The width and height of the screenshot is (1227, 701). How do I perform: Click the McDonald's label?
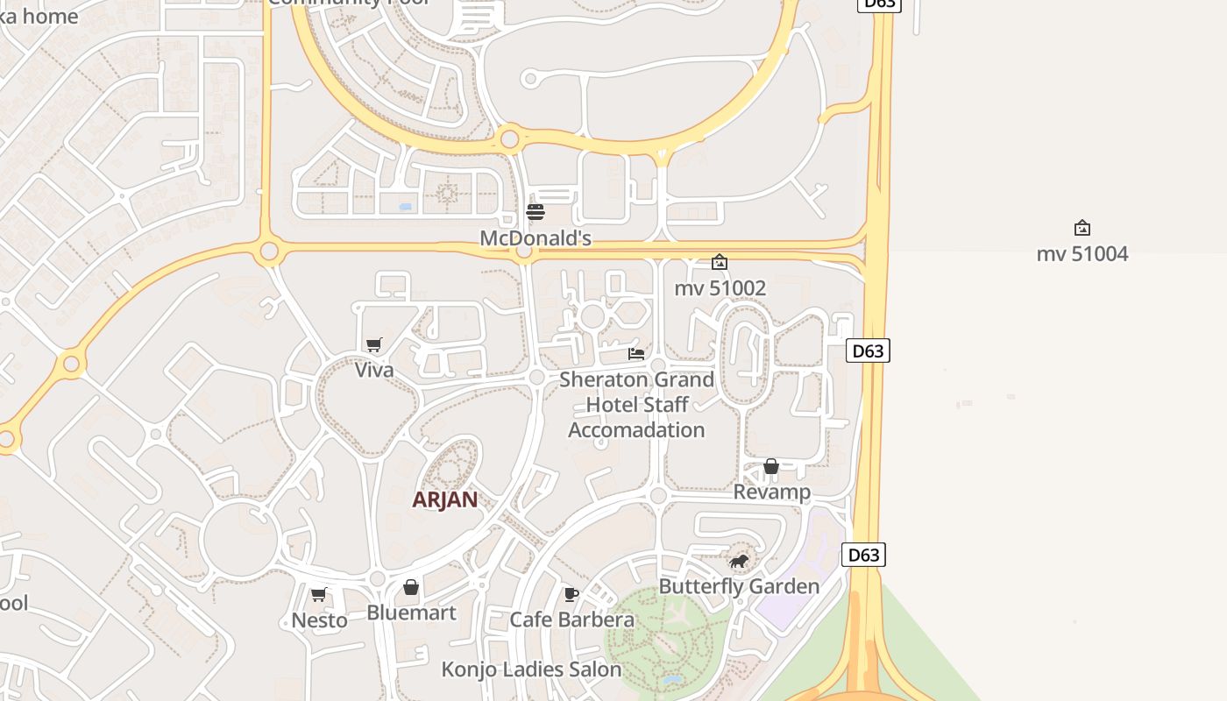coord(535,238)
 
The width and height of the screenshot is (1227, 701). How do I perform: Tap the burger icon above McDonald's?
coord(535,212)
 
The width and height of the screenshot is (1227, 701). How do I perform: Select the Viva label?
coord(374,370)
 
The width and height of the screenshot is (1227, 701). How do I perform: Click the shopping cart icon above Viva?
coord(374,344)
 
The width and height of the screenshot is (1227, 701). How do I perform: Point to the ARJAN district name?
coord(445,499)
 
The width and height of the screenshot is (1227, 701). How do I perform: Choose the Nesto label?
coord(319,620)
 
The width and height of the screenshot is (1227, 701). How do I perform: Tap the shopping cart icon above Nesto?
coord(319,595)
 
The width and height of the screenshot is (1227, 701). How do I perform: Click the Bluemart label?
coord(411,612)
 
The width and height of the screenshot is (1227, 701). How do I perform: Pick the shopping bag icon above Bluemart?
coord(411,587)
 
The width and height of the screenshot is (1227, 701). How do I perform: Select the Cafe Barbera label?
coord(571,620)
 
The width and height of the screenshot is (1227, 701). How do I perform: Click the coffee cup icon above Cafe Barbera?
coord(571,595)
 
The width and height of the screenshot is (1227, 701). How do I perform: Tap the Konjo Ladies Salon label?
coord(531,669)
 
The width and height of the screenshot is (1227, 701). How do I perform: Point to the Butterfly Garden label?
coord(739,586)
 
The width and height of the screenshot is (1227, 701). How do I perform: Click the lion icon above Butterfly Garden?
coord(739,561)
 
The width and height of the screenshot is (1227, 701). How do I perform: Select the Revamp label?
coord(771,492)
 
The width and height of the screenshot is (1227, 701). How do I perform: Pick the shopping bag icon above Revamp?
coord(771,466)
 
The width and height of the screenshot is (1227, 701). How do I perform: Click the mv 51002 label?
coord(720,287)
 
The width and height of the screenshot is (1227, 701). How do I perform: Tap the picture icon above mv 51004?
coord(1082,228)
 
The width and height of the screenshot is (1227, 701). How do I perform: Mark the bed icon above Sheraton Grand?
coord(636,354)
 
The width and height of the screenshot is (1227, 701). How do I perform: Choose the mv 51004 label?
coord(1082,254)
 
